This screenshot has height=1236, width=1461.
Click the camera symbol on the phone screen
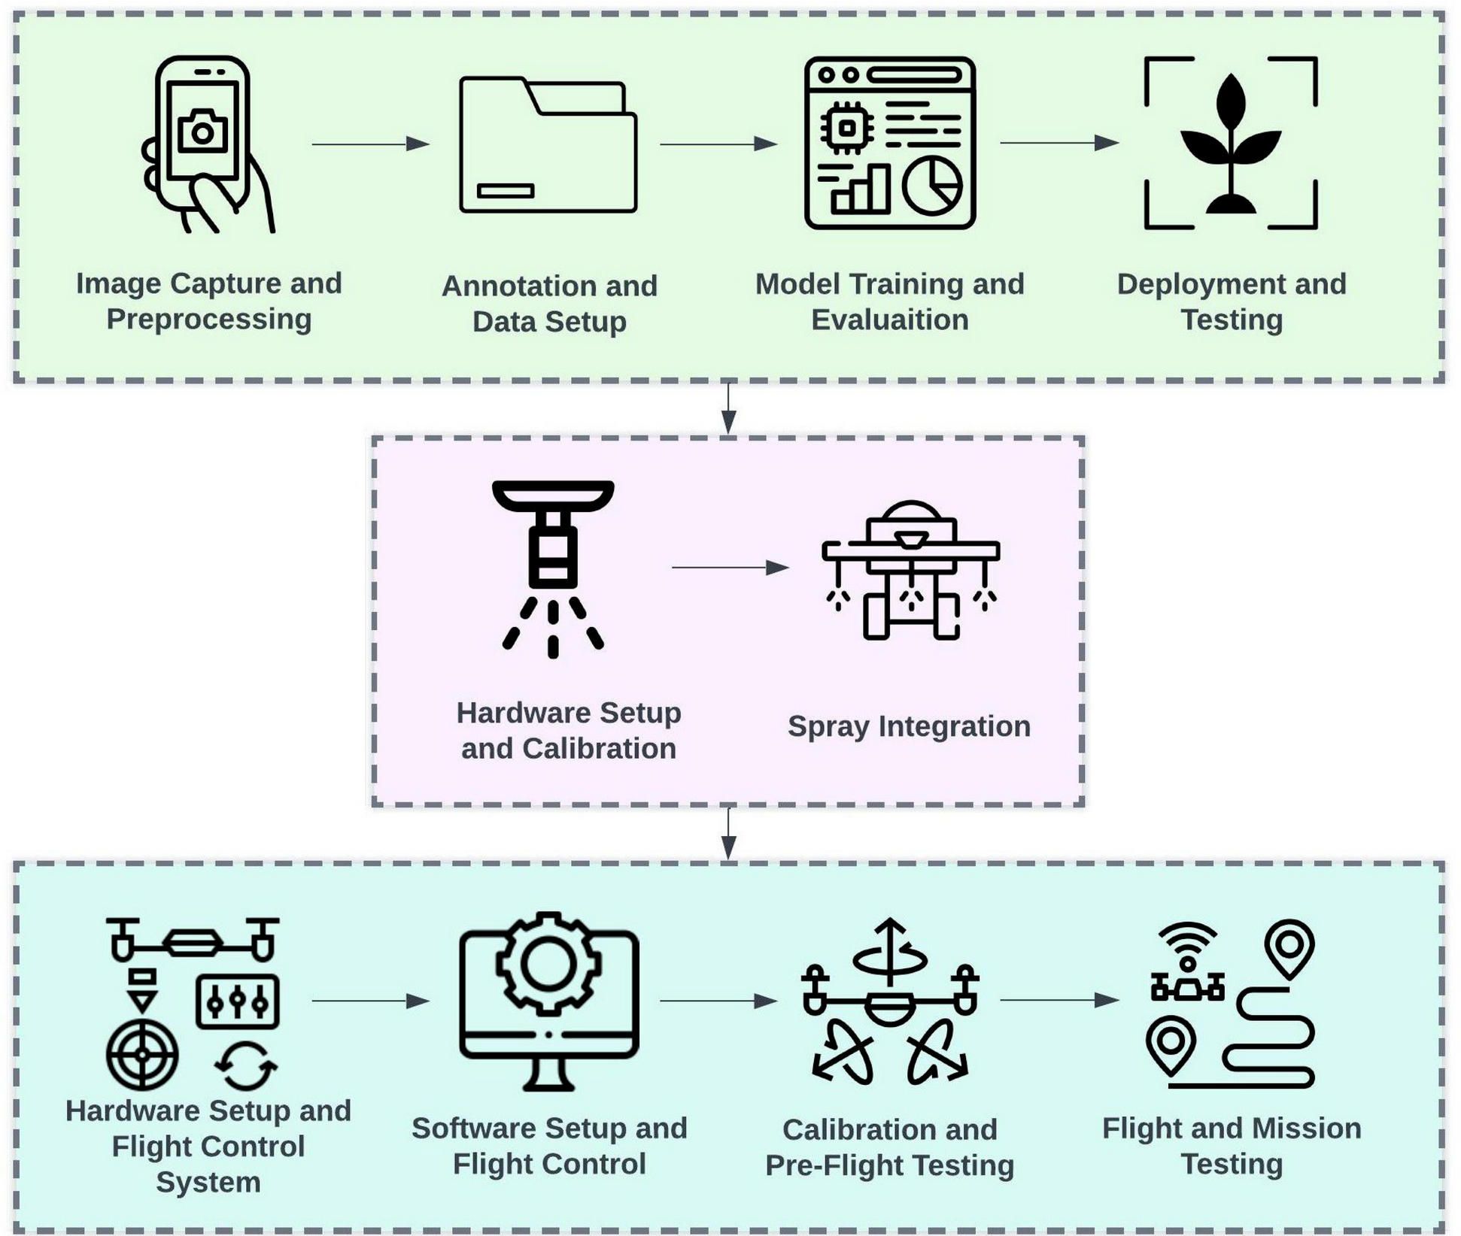(202, 132)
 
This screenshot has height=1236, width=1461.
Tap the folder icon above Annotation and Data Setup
(548, 145)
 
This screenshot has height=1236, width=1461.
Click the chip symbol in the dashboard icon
(847, 128)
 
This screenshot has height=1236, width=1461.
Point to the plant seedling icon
(1230, 143)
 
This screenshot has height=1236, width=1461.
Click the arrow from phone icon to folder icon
(370, 144)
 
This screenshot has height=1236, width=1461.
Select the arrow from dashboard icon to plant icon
(1059, 143)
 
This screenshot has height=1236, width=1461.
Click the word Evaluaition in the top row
(889, 320)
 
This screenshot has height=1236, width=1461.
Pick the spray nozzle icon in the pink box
(553, 568)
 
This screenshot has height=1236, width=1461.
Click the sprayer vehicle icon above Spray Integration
(910, 570)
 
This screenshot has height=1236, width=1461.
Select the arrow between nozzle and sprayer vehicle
(730, 568)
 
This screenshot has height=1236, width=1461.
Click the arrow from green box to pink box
(728, 408)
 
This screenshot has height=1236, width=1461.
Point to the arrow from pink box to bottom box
(728, 833)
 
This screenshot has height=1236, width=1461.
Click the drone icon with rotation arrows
(890, 1001)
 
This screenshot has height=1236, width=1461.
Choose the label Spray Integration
(909, 726)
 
